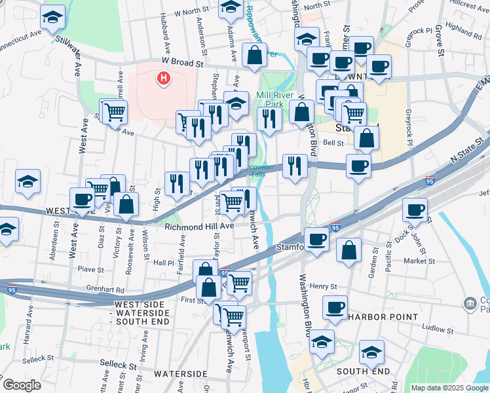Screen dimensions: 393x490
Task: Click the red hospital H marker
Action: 163,79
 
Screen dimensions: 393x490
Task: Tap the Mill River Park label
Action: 278,99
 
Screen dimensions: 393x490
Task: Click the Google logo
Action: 22,385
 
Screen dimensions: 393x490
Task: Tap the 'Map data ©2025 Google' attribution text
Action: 449,388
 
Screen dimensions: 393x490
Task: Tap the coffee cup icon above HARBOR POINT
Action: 335,307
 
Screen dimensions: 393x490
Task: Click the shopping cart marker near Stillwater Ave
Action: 115,111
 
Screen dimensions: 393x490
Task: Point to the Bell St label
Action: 333,142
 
